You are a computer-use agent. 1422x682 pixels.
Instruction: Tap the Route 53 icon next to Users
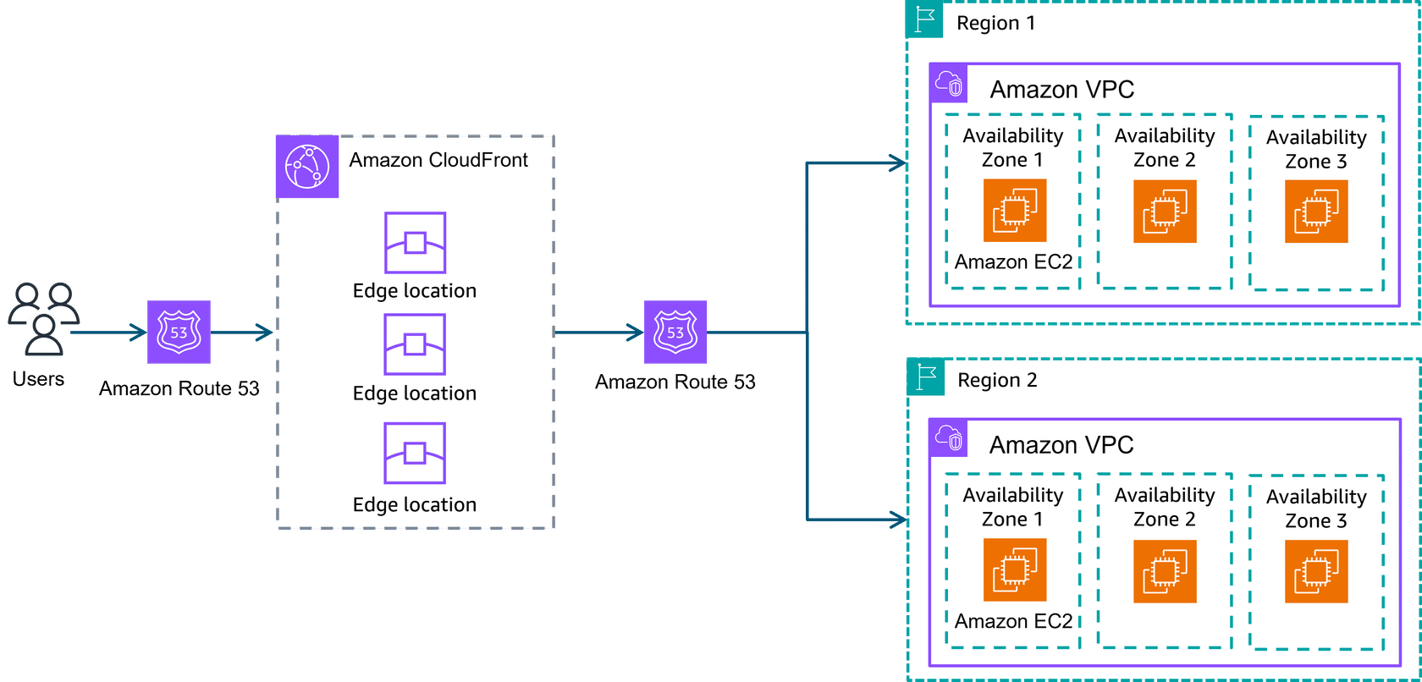coord(179,332)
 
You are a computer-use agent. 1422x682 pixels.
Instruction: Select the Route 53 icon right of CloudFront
coord(675,332)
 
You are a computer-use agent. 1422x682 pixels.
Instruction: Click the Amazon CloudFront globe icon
coord(307,167)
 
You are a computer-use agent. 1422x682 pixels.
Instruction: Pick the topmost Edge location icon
coord(415,243)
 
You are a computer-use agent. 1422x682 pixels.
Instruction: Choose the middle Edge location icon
coord(415,344)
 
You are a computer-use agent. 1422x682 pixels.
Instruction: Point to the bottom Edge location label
coord(415,505)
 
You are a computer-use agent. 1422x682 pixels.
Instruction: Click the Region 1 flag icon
coord(925,19)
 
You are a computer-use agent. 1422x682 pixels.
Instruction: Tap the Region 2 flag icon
coord(926,377)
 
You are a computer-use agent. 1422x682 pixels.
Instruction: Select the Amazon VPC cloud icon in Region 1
coord(949,83)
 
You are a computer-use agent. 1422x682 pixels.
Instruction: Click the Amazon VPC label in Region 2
coord(1061,445)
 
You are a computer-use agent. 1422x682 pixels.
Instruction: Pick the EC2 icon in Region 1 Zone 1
coord(1014,211)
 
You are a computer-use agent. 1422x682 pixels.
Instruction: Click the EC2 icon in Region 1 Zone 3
coord(1316,212)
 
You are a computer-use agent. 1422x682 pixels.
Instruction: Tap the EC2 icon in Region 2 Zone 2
coord(1165,572)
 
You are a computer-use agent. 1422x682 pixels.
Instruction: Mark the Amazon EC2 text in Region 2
coord(1013,621)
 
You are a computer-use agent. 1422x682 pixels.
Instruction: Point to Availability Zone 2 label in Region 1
coord(1165,148)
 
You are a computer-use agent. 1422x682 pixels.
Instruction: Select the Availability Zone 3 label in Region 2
coord(1316,509)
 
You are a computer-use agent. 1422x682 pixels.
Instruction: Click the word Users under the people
coord(38,379)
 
